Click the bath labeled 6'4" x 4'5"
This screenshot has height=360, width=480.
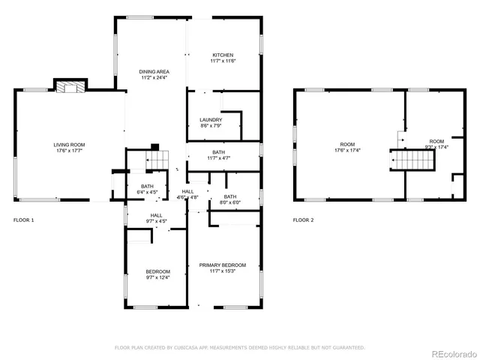(x=148, y=189)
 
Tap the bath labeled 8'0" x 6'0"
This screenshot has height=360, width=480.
(x=229, y=199)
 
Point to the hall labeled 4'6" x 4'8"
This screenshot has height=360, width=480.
(x=187, y=195)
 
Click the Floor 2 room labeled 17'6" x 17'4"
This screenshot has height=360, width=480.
(x=346, y=147)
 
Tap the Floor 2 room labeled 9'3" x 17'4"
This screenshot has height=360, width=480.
(x=436, y=144)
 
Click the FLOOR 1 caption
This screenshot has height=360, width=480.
(x=24, y=220)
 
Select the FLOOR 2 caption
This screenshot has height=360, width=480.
(x=303, y=220)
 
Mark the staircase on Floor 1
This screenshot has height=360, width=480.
(x=155, y=160)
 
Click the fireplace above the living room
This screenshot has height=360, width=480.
(x=71, y=87)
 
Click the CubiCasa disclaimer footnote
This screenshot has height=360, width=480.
(x=239, y=347)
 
